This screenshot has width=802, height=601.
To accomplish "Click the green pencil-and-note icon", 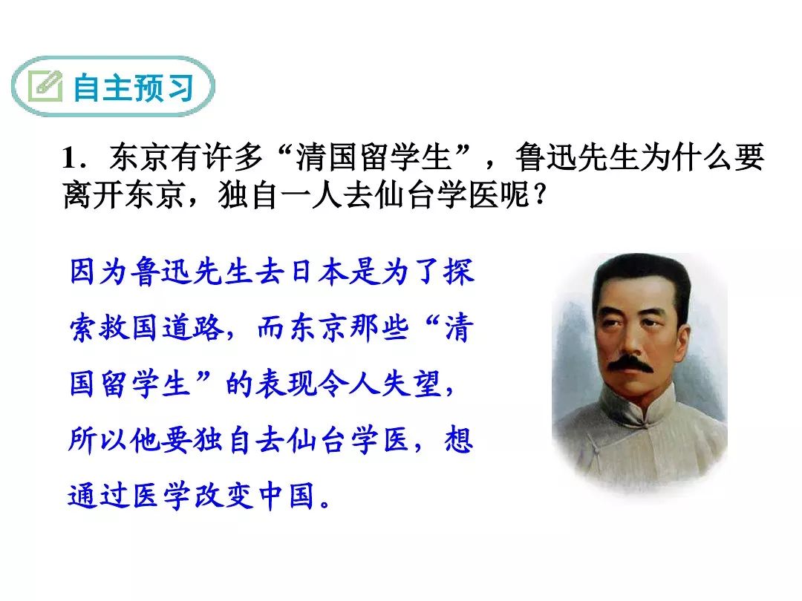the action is pyautogui.click(x=45, y=86).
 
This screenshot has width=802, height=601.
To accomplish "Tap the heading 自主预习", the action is pyautogui.click(x=134, y=88).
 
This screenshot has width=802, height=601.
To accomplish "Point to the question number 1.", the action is pyautogui.click(x=69, y=157).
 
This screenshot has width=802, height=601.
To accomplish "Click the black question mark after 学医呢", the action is pyautogui.click(x=540, y=194).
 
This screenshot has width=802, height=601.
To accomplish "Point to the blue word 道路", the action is pyautogui.click(x=193, y=327).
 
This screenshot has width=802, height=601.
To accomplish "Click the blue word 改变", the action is pyautogui.click(x=224, y=495).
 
